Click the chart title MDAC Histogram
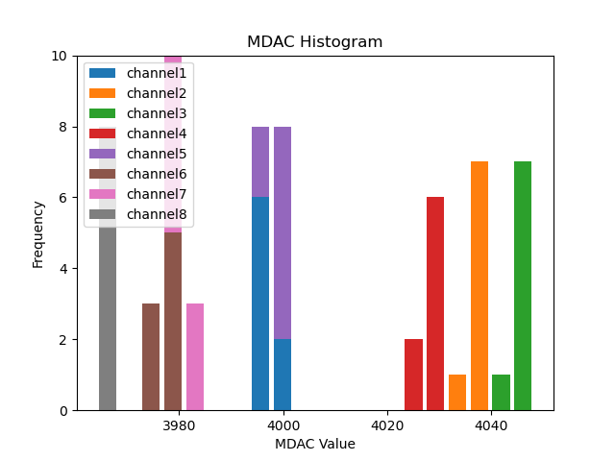[314, 42]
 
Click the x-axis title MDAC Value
[314, 444]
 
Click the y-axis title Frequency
[38, 233]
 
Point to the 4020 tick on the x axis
[386, 424]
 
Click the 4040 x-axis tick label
[490, 424]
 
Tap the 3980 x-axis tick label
[179, 424]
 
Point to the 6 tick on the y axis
[60, 198]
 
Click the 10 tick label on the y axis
[56, 56]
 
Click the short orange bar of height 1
[457, 393]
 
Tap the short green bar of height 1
[501, 393]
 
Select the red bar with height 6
[435, 303]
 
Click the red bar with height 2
[413, 375]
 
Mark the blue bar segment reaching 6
[260, 303]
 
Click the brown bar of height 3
[151, 357]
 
